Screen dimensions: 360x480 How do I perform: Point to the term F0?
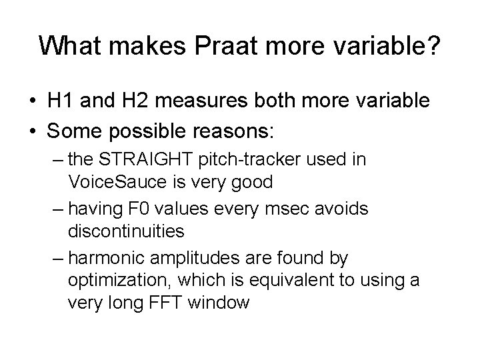pos(157,209)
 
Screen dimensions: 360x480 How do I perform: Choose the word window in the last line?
pos(219,303)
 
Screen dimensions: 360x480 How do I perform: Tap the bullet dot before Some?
pos(32,132)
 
